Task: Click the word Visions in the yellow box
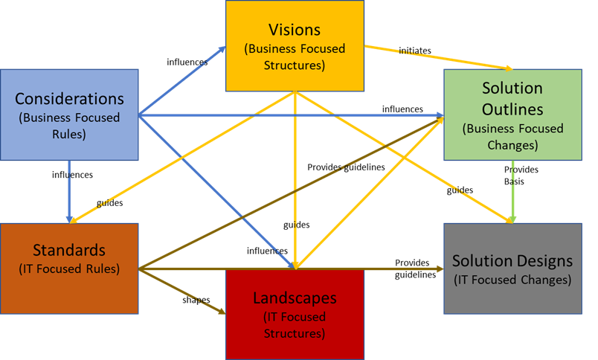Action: [x=295, y=30]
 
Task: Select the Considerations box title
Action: [x=69, y=99]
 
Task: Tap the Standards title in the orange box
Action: [x=69, y=249]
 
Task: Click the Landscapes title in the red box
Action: [x=295, y=298]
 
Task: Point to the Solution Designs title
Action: [x=512, y=261]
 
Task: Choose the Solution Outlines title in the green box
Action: [x=512, y=98]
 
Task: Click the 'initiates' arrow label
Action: [x=414, y=51]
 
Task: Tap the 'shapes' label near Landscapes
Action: [x=196, y=300]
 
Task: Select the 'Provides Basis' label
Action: [x=521, y=175]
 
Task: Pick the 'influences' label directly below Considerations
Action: [x=72, y=175]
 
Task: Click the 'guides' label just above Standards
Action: [x=109, y=202]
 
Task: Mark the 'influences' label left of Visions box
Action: [x=187, y=62]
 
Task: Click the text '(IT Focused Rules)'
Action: [x=69, y=269]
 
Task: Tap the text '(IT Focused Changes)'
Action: [x=512, y=280]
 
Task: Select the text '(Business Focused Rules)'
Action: [x=69, y=125]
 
